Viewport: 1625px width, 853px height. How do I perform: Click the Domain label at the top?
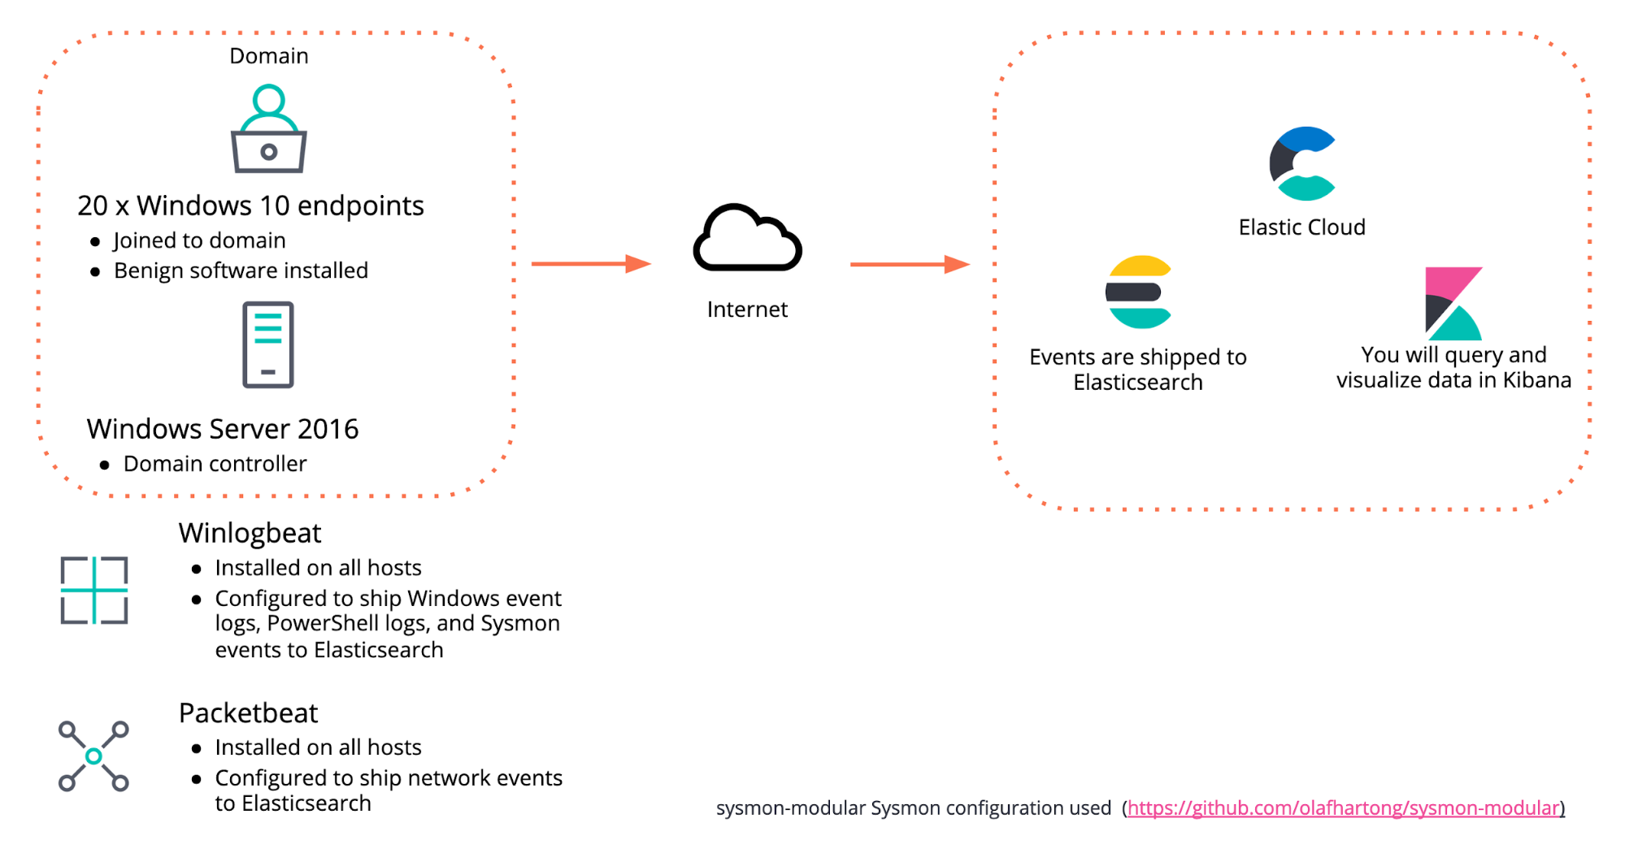(x=269, y=56)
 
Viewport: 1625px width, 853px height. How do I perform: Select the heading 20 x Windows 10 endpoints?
(x=250, y=206)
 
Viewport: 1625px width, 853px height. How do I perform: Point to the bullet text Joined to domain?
(x=199, y=240)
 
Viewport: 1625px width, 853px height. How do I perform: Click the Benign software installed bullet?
(x=241, y=271)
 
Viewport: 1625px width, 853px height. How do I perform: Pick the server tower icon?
(x=268, y=344)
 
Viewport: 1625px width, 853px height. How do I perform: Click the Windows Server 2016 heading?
(x=223, y=429)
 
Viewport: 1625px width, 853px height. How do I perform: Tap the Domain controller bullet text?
(x=215, y=464)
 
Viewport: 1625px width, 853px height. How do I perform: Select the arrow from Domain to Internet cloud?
(x=591, y=264)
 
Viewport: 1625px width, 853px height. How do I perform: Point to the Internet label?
(x=747, y=310)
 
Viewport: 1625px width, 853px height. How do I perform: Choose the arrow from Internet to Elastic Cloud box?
(x=910, y=264)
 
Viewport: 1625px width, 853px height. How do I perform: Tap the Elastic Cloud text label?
(x=1301, y=227)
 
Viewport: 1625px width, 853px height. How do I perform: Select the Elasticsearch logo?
(x=1138, y=292)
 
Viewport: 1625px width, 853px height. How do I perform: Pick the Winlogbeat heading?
(x=250, y=533)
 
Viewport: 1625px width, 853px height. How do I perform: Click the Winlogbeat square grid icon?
(x=94, y=590)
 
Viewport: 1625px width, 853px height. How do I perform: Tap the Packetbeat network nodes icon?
(x=93, y=756)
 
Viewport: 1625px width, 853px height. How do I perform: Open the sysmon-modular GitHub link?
(x=1344, y=808)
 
